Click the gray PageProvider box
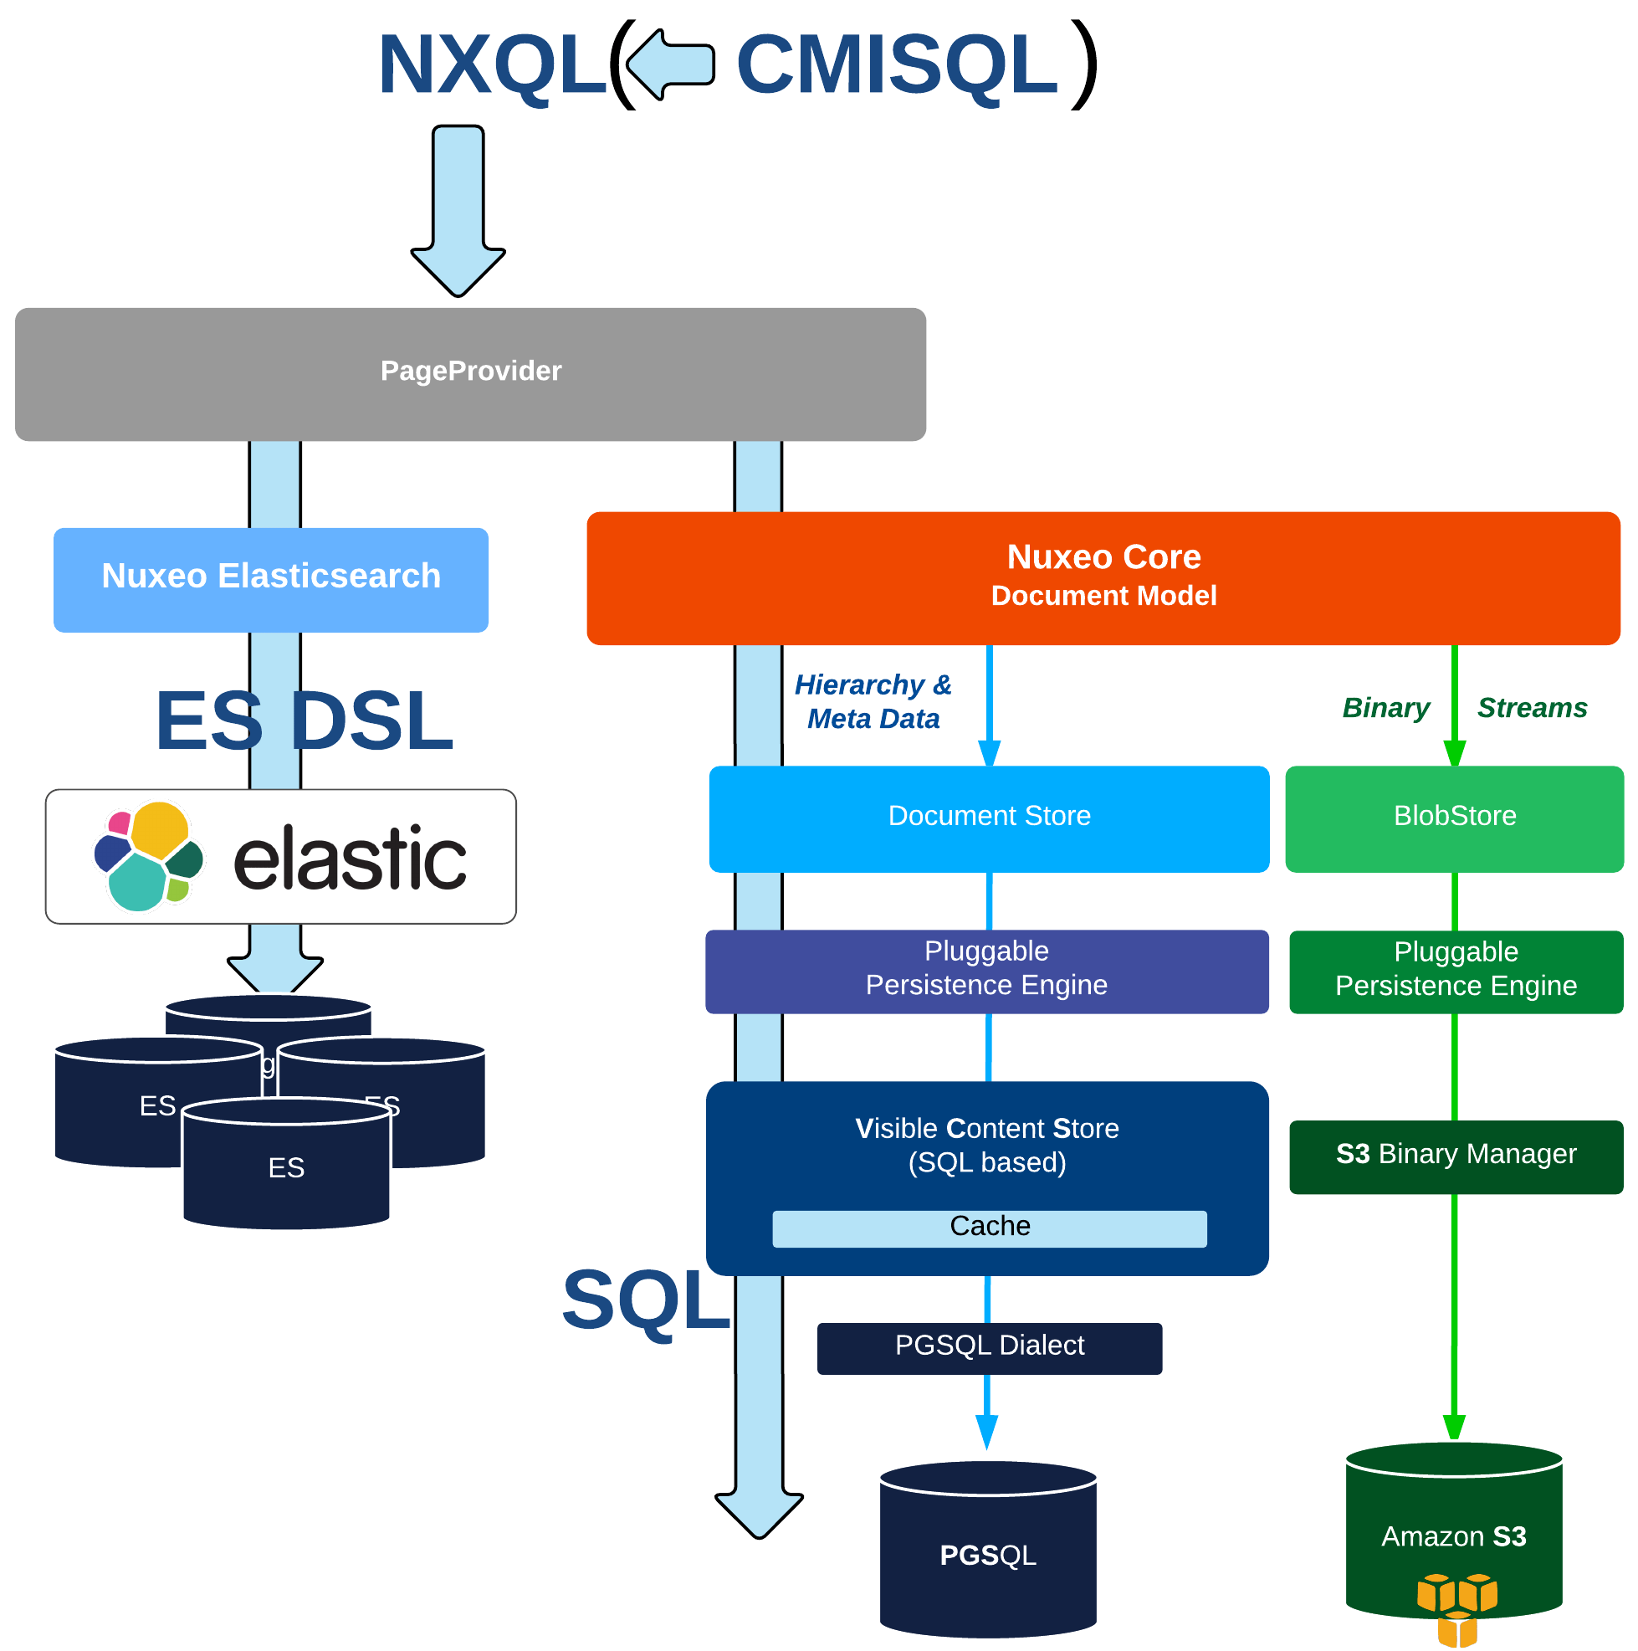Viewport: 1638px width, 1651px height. (x=470, y=373)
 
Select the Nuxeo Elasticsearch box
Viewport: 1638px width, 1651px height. (x=271, y=579)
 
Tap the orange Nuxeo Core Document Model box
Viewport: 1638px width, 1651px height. (x=1103, y=577)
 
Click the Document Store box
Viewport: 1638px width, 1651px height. (x=989, y=818)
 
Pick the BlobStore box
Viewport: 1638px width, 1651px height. (x=1453, y=818)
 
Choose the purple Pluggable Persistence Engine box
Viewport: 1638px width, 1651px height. (x=986, y=971)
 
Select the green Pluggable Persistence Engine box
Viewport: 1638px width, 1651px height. (x=1455, y=972)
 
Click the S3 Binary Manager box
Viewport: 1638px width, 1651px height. (x=1455, y=1156)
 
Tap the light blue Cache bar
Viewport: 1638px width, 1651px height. (x=989, y=1228)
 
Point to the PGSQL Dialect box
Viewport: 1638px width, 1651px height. (x=989, y=1347)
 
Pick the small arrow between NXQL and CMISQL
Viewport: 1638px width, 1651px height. (x=670, y=64)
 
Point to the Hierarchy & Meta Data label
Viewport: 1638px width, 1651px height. (x=873, y=701)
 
